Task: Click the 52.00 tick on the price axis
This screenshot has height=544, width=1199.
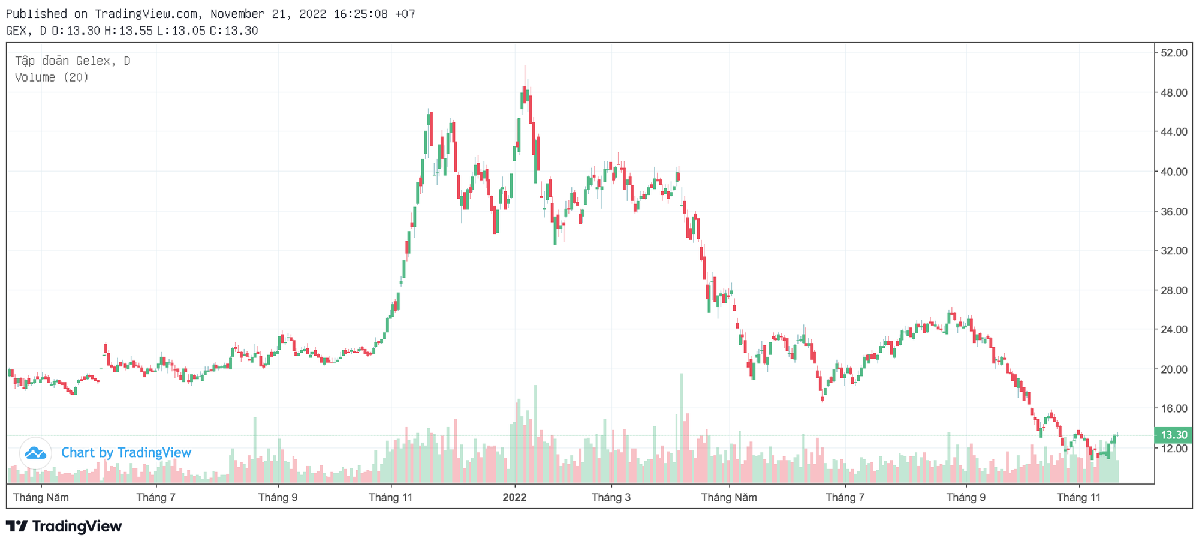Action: pos(1173,53)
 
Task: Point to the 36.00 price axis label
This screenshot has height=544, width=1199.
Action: pos(1173,211)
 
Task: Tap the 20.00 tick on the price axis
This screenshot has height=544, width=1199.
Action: pos(1173,369)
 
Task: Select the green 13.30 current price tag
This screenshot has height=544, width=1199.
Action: pos(1173,435)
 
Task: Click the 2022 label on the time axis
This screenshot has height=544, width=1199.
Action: pos(514,497)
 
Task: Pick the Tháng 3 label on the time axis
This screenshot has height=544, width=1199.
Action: pos(611,497)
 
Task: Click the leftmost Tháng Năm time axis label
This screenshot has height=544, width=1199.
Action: pos(41,497)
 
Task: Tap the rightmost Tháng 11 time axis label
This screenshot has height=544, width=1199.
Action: pos(1079,497)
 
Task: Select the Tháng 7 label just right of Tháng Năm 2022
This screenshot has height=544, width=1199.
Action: pos(845,497)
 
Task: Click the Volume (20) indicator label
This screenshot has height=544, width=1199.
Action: pos(52,77)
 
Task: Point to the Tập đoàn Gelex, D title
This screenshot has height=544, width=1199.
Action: pos(73,61)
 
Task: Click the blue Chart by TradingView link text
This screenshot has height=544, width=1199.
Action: pos(126,453)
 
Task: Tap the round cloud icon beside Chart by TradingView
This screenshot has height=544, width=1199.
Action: pos(35,453)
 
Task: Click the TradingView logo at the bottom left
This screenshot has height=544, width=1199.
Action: pos(64,526)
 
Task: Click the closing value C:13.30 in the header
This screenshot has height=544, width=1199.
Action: pos(234,31)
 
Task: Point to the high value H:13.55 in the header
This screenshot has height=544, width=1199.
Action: pos(128,31)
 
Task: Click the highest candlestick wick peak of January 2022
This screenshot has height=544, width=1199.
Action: pos(525,67)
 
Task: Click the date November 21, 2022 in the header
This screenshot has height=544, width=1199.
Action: pos(268,14)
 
